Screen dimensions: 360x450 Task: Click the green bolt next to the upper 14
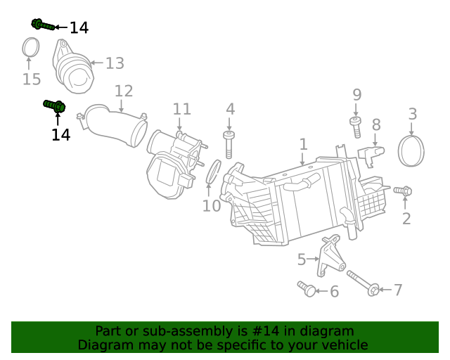(x=42, y=25)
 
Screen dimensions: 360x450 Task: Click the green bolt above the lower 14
(x=54, y=106)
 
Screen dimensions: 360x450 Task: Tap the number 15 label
(x=32, y=79)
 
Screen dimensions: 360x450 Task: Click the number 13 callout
(x=115, y=63)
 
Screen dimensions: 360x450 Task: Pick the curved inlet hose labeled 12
(x=115, y=124)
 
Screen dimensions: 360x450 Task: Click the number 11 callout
(x=181, y=109)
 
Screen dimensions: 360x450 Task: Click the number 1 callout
(x=303, y=144)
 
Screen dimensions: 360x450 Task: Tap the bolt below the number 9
(x=356, y=127)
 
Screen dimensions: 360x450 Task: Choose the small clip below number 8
(x=372, y=153)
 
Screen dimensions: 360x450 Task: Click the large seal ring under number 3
(x=412, y=150)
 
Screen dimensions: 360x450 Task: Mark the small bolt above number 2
(x=403, y=191)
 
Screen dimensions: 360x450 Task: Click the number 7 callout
(x=398, y=290)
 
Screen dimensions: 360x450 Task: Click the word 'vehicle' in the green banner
(x=344, y=345)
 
